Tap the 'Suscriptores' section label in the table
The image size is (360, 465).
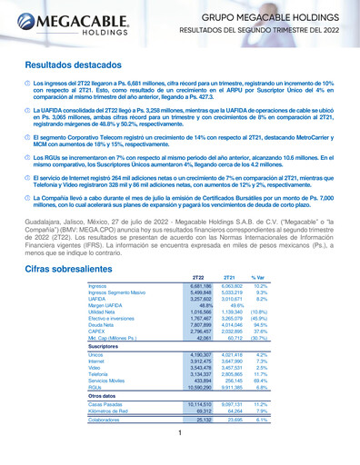pyautogui.click(x=105, y=321)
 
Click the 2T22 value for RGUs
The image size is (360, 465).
pyautogui.click(x=197, y=361)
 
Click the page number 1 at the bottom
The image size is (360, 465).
pyautogui.click(x=180, y=434)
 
